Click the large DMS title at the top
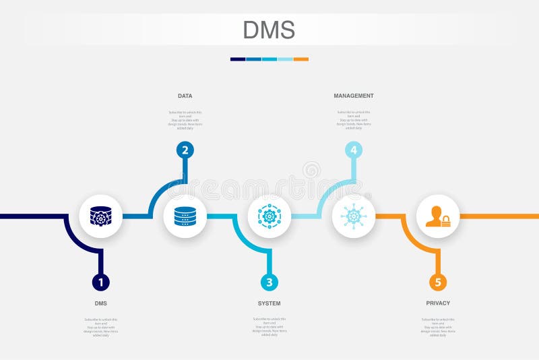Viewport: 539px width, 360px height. coord(269,30)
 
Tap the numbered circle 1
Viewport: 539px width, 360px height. coord(101,282)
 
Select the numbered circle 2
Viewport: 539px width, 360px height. coord(185,150)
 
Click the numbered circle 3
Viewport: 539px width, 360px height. coord(269,282)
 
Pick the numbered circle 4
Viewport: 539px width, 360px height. coord(354,150)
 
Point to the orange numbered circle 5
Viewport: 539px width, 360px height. coord(438,282)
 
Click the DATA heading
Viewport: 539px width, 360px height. coord(185,96)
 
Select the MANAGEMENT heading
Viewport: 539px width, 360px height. coord(354,96)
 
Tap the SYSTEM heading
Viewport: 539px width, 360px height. coord(269,303)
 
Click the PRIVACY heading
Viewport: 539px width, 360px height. coord(438,303)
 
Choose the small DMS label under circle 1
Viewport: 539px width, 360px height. coord(101,303)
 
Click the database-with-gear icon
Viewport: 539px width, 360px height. coord(101,216)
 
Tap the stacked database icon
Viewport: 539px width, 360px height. coord(185,216)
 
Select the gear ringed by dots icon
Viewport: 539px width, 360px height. coord(269,216)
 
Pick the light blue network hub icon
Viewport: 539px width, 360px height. coord(354,216)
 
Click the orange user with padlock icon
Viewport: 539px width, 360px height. coord(438,216)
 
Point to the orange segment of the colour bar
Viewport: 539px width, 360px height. coord(301,59)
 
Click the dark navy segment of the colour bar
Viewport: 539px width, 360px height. coord(238,59)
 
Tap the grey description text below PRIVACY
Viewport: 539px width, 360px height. coord(438,327)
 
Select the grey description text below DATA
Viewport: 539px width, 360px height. coord(185,119)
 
